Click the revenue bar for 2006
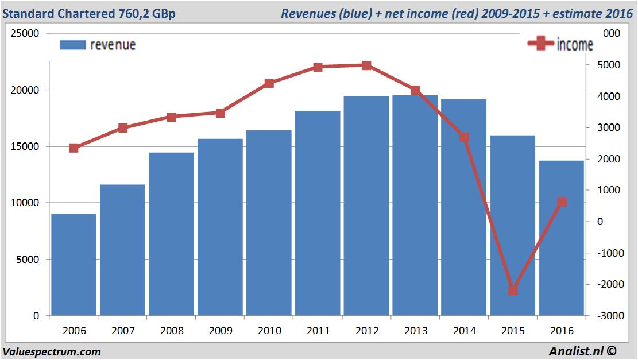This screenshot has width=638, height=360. [74, 265]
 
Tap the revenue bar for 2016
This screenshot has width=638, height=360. [561, 238]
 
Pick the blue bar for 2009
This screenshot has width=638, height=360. [220, 227]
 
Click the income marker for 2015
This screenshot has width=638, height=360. [513, 290]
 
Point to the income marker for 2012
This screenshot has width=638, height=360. [366, 65]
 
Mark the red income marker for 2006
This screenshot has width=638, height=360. [74, 148]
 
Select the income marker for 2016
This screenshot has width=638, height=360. [562, 202]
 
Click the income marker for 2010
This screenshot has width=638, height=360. [269, 83]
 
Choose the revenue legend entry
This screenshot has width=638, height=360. [98, 45]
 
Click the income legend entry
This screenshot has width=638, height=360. [560, 44]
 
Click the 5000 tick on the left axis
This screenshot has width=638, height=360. [28, 260]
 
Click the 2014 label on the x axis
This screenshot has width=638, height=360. [464, 331]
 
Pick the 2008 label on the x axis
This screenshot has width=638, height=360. [171, 331]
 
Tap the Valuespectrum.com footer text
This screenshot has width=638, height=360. [52, 351]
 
